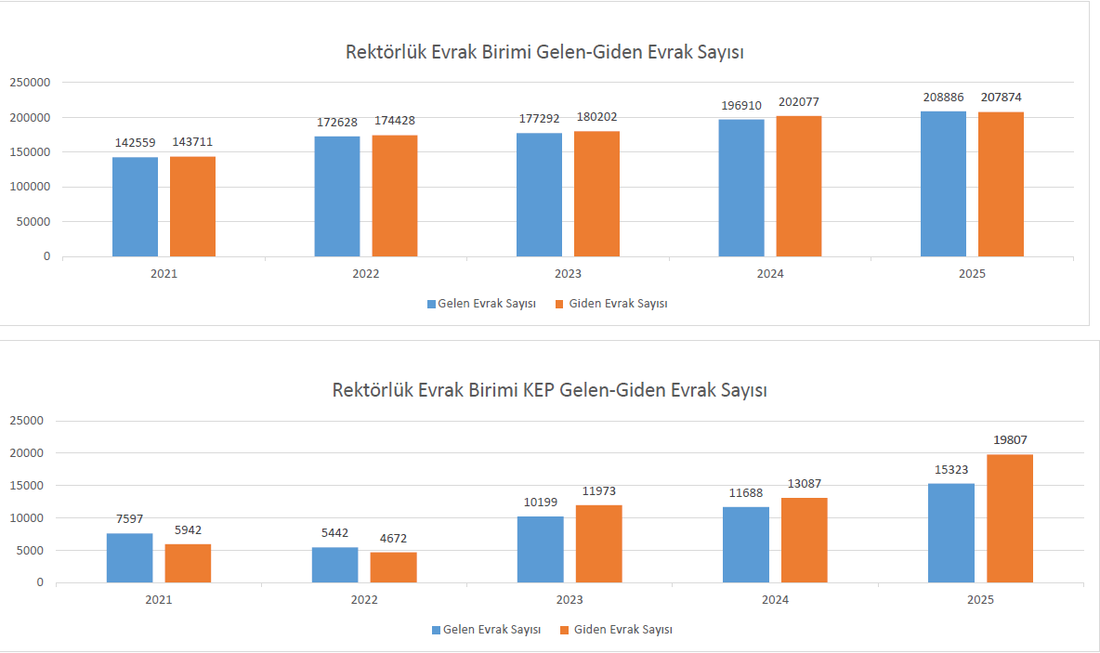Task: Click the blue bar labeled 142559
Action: click(x=135, y=206)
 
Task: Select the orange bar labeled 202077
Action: click(x=799, y=186)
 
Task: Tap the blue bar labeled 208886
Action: click(x=943, y=184)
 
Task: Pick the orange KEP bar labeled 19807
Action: click(x=1010, y=518)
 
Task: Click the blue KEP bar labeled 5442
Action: click(x=334, y=565)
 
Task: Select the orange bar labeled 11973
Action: click(x=599, y=543)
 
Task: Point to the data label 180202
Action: click(x=596, y=117)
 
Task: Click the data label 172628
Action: click(x=337, y=122)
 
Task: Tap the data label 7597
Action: click(x=129, y=518)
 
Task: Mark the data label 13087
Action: click(x=804, y=484)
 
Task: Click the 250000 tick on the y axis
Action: click(x=30, y=83)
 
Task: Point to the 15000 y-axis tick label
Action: click(x=26, y=486)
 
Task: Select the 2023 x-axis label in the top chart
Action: click(x=568, y=274)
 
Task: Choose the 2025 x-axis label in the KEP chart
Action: click(x=979, y=600)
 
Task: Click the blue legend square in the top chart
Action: click(x=431, y=304)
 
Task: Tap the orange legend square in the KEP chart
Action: click(x=564, y=630)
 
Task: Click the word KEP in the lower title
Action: click(x=539, y=389)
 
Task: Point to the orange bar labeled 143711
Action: click(x=192, y=206)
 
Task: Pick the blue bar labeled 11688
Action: click(x=746, y=544)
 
